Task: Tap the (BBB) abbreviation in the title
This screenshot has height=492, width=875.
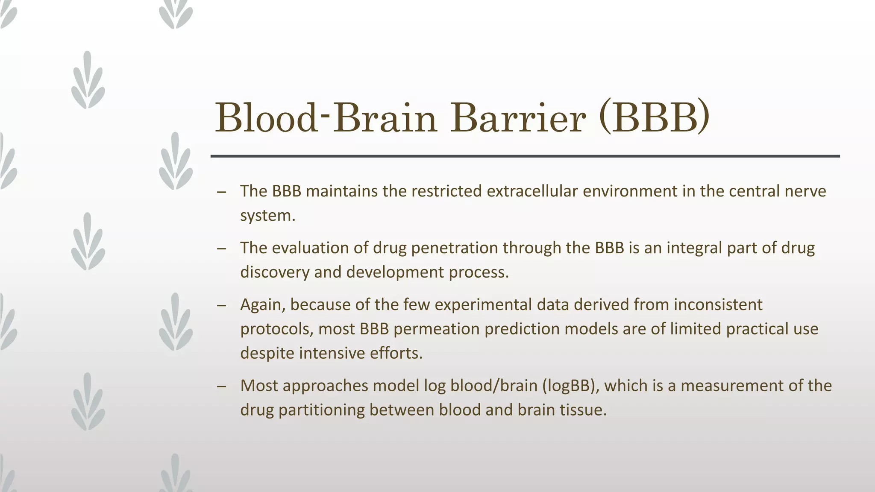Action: pos(654,117)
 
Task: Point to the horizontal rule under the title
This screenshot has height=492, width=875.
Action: pos(525,156)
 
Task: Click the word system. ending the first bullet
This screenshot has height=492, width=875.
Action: pos(267,215)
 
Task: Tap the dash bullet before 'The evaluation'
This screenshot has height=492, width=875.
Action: pos(221,249)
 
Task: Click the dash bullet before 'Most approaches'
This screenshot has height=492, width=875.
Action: pos(221,387)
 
